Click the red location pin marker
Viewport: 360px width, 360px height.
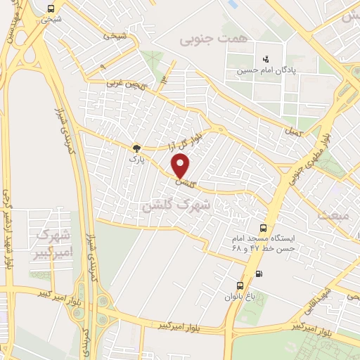tap(181, 166)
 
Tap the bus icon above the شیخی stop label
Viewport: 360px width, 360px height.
tap(50, 8)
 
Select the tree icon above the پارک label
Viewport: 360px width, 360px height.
tap(136, 148)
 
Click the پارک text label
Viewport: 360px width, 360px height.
tap(136, 160)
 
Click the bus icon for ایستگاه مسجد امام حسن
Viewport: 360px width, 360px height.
tap(263, 228)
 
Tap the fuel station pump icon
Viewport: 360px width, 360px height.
tap(260, 274)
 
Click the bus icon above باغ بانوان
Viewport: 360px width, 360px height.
tap(240, 285)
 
